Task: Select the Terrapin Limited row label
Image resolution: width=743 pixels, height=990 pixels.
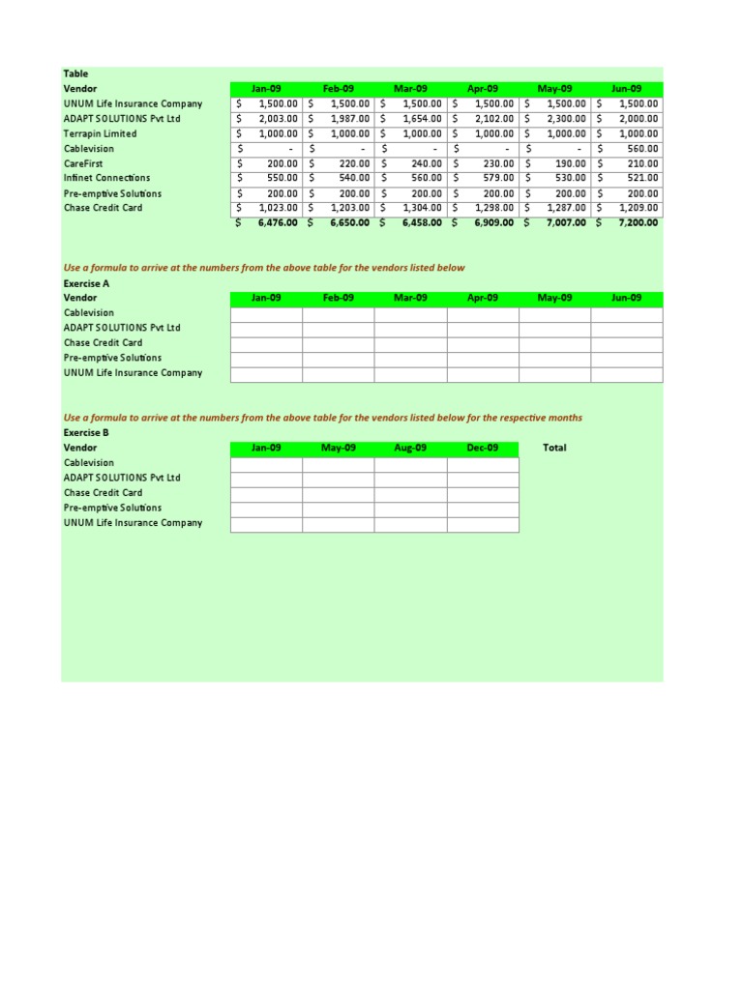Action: [100, 133]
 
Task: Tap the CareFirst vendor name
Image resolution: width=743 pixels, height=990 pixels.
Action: [84, 163]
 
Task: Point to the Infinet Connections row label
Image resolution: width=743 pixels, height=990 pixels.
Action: [106, 178]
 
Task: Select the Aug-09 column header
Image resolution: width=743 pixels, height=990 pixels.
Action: [410, 448]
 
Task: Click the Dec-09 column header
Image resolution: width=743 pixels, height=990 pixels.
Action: [482, 448]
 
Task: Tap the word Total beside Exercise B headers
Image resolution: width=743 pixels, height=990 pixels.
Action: [555, 448]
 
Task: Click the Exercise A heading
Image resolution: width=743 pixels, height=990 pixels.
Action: [86, 283]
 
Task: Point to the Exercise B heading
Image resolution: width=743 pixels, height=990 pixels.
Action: [86, 433]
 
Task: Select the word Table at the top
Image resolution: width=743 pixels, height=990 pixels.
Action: [75, 73]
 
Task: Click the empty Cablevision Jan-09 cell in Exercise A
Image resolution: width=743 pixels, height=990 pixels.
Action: [266, 313]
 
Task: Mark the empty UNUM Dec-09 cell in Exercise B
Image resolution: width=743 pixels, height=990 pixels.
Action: [482, 523]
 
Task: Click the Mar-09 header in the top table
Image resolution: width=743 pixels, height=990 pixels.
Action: [410, 89]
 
